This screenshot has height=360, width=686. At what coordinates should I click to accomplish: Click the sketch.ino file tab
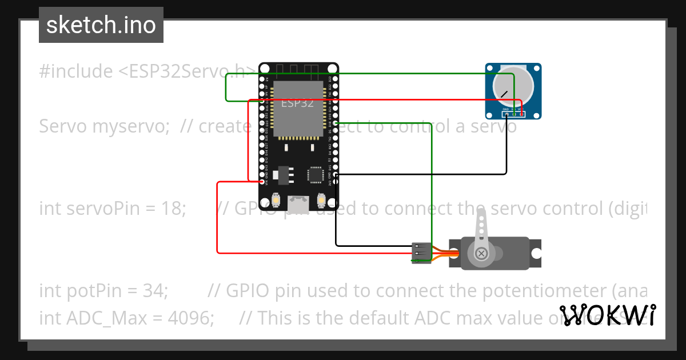[x=101, y=25]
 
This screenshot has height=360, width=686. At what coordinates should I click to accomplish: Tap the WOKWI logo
[x=607, y=315]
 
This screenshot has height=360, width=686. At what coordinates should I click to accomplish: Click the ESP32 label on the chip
[x=297, y=103]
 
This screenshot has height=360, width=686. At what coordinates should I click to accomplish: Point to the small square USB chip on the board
[x=315, y=174]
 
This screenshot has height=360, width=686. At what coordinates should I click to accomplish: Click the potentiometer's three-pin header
[x=513, y=114]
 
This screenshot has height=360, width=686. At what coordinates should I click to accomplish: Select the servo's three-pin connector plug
[x=422, y=253]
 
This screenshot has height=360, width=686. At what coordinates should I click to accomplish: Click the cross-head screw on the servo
[x=482, y=253]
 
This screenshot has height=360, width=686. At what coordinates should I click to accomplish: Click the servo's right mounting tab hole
[x=536, y=253]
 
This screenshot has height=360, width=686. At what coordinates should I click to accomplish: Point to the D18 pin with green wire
[x=336, y=123]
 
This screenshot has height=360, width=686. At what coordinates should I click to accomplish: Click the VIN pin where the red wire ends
[x=262, y=182]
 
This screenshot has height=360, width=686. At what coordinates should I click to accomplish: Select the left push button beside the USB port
[x=277, y=201]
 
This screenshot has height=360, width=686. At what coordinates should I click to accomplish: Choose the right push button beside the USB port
[x=321, y=201]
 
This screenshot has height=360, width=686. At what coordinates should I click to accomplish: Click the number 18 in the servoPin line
[x=174, y=209]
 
